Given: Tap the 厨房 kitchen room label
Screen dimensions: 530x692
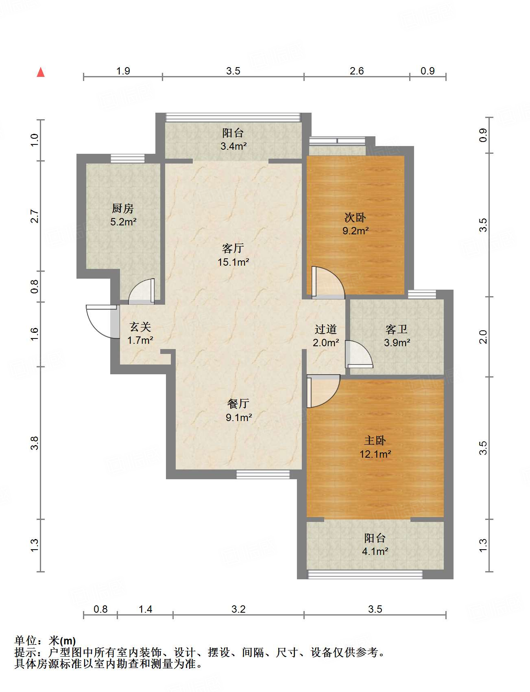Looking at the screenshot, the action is coord(123,208).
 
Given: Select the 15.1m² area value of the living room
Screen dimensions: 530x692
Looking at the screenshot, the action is coord(233,262).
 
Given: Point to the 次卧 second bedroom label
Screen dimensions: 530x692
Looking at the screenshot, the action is coord(355,218).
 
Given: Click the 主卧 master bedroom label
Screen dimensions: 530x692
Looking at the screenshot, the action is coord(375,441).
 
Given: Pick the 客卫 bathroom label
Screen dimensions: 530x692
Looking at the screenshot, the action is coord(397,329).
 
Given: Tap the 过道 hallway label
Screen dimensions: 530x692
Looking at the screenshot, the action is coord(326,329).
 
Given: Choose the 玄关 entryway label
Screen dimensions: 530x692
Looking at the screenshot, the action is coord(140,327).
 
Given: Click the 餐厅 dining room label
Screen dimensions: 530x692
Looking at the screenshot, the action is coord(238,404).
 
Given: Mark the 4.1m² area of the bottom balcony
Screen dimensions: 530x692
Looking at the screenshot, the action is coord(375,551).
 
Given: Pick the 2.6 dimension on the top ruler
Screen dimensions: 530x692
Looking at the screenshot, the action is coord(357,71).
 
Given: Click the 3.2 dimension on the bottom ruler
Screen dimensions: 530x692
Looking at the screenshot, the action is coord(239,609).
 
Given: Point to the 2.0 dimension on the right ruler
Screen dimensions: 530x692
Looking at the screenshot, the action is coord(483,337).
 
